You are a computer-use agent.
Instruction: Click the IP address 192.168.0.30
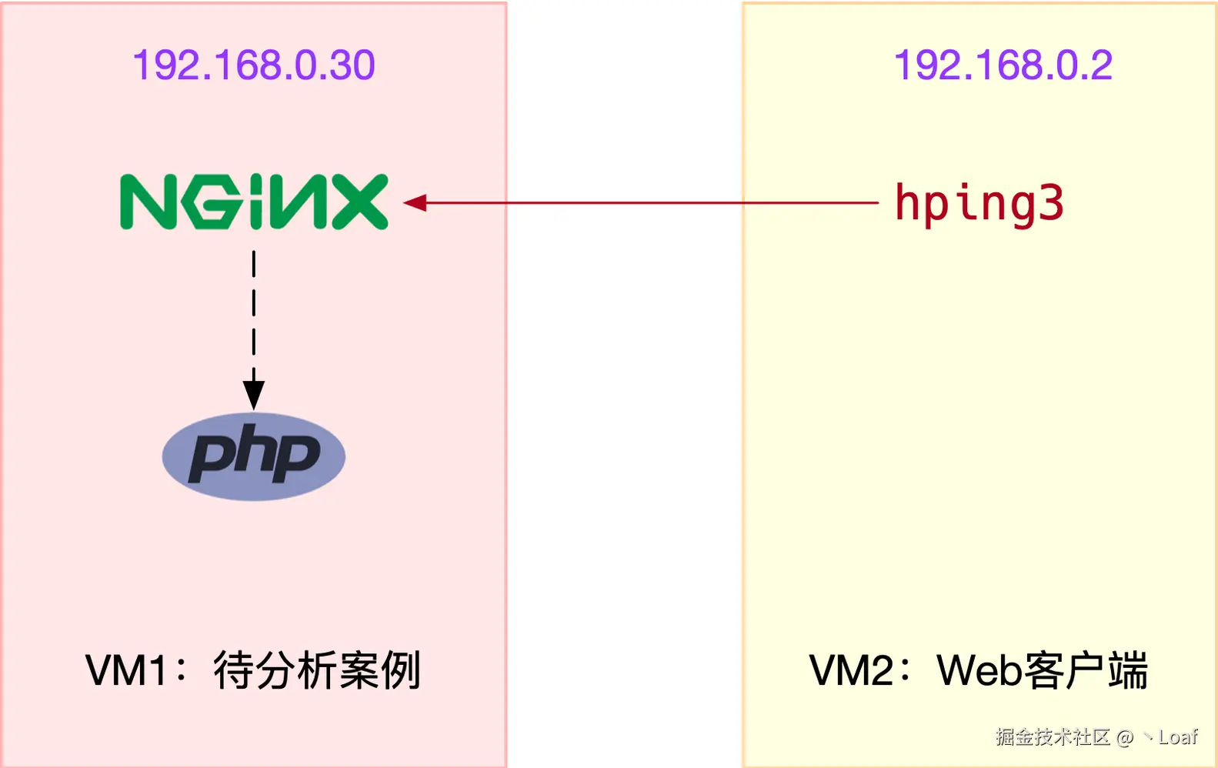pyautogui.click(x=254, y=65)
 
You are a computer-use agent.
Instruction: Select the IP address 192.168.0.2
pyautogui.click(x=1003, y=65)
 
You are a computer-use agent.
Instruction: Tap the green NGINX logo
pyautogui.click(x=254, y=202)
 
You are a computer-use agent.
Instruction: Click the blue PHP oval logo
pyautogui.click(x=254, y=456)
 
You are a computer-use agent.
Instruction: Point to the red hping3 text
pyautogui.click(x=979, y=203)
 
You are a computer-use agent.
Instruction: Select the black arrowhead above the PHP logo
pyautogui.click(x=254, y=395)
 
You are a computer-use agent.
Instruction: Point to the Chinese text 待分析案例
pyautogui.click(x=317, y=670)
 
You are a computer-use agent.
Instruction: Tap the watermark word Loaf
pyautogui.click(x=1178, y=737)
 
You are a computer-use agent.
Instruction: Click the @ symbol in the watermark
pyautogui.click(x=1125, y=737)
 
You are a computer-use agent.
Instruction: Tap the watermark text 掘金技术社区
pyautogui.click(x=1053, y=737)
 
